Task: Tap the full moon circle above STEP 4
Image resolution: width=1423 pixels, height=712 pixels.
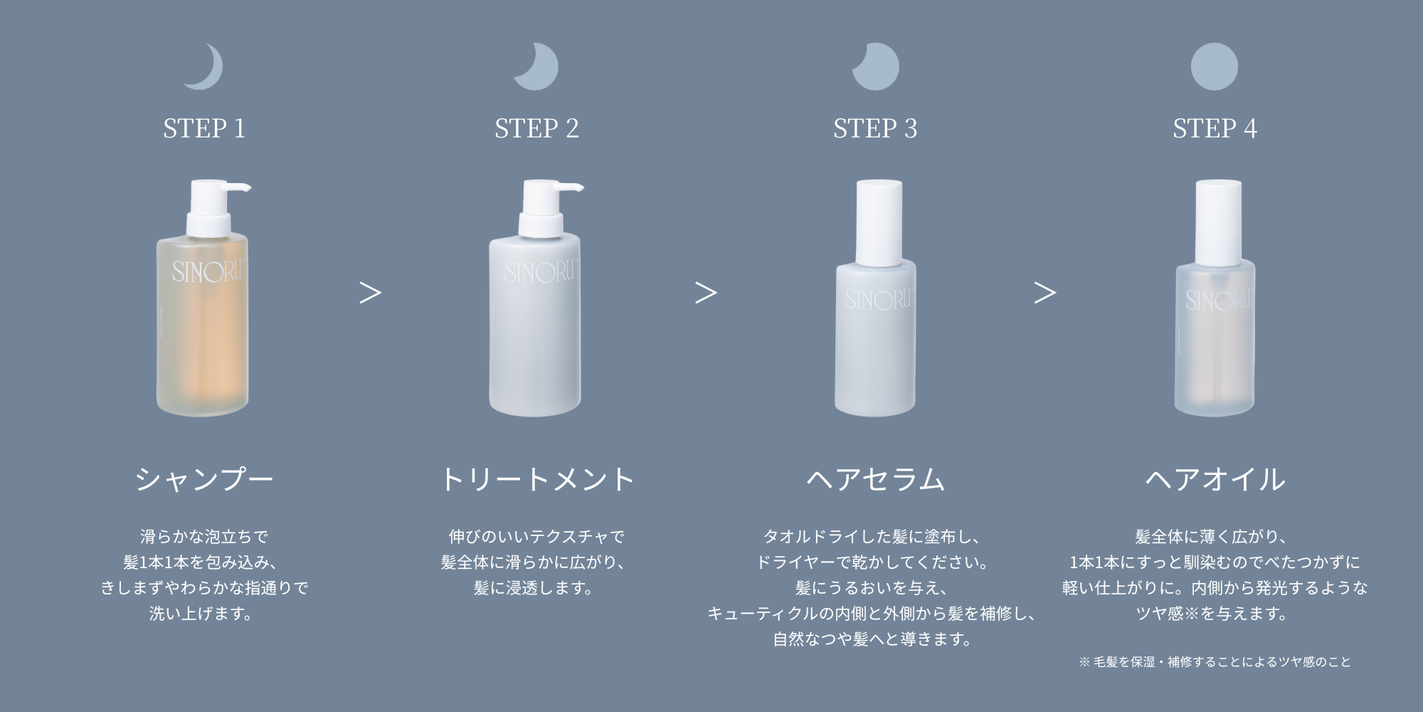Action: (1214, 66)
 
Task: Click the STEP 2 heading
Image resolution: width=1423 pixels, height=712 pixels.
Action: (536, 128)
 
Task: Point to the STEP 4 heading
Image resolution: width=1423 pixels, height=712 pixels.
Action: (1215, 128)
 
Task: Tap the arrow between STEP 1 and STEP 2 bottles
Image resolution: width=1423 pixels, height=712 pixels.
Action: (370, 293)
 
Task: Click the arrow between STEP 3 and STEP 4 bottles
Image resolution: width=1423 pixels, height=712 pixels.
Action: (1044, 293)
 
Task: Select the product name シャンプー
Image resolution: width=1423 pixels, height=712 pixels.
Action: (204, 478)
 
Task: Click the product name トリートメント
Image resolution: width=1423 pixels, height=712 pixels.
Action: (537, 478)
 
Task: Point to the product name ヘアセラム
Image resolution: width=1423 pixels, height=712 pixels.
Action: (875, 478)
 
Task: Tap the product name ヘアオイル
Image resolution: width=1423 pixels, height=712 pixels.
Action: (1215, 478)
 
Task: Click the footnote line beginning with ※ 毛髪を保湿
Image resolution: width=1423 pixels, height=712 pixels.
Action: (1215, 661)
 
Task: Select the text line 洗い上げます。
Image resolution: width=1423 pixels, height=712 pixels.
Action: (202, 613)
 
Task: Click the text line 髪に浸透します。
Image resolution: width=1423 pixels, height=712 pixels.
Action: (535, 587)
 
